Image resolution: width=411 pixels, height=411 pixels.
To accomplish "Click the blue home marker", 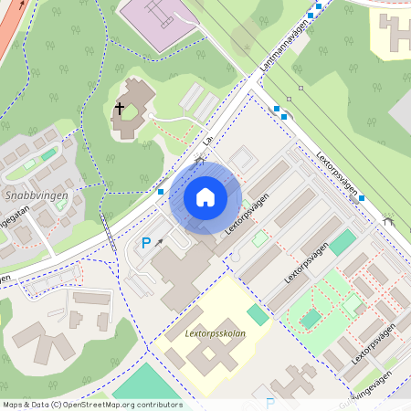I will [x=205, y=196].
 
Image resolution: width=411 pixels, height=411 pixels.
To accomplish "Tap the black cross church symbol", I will [x=119, y=110].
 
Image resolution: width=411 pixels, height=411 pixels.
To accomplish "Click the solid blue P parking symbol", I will [x=145, y=244].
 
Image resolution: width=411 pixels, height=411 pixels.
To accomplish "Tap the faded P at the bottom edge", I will [x=269, y=403].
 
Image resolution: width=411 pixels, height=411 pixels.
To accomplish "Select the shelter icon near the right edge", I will [x=388, y=220].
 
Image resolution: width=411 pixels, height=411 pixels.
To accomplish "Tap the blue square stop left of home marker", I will [x=161, y=192].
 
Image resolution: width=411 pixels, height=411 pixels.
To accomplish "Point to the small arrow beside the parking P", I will [x=161, y=242].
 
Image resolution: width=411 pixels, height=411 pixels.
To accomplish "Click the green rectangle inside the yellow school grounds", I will [x=258, y=314].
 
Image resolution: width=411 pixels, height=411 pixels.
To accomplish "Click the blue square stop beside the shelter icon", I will [x=362, y=197].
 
